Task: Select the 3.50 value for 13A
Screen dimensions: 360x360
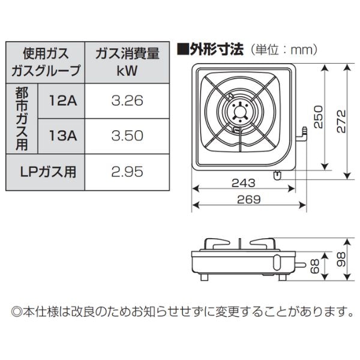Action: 127,136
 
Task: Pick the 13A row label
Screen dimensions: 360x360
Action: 63,136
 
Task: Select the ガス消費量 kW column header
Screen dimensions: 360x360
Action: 127,62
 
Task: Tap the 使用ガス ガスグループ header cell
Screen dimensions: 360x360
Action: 46,62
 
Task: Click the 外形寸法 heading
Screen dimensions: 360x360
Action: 210,49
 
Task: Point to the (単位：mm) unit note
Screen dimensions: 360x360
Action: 283,49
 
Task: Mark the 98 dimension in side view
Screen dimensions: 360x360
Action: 341,259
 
